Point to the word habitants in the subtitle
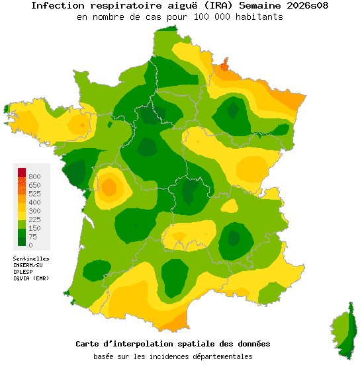pos(258,17)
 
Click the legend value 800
pos(35,177)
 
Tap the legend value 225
pos(35,220)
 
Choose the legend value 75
pos(32,237)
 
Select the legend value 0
pos(30,245)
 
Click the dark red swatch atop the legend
pos(22,173)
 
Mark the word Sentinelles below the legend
pos(31,259)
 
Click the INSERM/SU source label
pos(28,265)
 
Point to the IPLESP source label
pos(23,272)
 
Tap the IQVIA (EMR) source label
pos(30,278)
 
